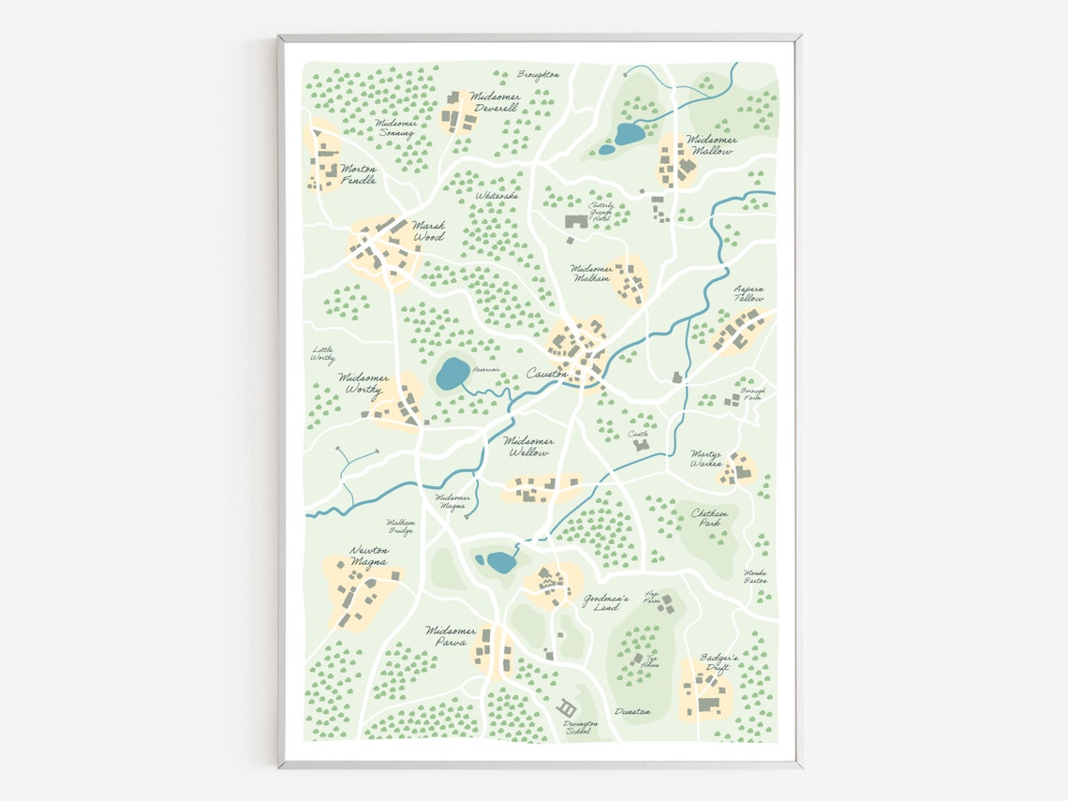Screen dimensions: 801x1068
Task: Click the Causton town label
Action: click(x=546, y=373)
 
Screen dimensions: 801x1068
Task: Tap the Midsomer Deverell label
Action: click(x=496, y=101)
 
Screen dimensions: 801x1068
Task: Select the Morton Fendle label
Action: click(x=359, y=174)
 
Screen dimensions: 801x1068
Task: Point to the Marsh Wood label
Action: click(x=428, y=231)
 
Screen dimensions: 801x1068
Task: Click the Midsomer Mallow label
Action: click(x=712, y=145)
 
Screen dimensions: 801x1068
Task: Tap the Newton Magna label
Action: click(x=368, y=556)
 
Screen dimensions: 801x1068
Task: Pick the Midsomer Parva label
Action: click(x=451, y=636)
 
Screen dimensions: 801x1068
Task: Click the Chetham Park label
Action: click(x=711, y=518)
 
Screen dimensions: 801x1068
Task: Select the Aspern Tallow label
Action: click(x=749, y=294)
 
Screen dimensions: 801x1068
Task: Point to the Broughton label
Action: click(x=539, y=75)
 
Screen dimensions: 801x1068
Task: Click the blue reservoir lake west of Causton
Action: click(x=453, y=373)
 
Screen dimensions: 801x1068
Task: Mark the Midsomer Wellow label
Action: click(x=528, y=447)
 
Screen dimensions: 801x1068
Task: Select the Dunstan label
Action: click(x=632, y=712)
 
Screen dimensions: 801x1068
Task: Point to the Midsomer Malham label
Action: click(x=591, y=273)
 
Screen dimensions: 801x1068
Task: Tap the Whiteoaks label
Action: click(x=497, y=196)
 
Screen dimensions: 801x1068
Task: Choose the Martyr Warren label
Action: click(x=706, y=458)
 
